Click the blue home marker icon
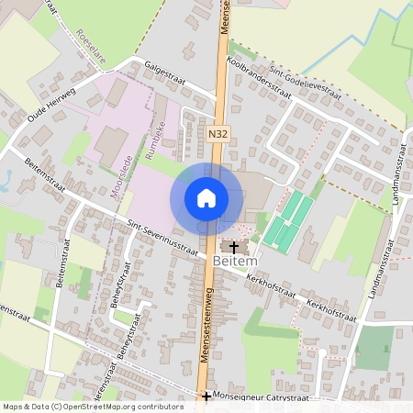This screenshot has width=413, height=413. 206,198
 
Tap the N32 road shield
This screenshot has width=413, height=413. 217,134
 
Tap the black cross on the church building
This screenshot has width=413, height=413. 233,247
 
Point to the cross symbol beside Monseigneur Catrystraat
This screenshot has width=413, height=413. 206,396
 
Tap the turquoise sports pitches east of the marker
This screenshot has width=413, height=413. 289,220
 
